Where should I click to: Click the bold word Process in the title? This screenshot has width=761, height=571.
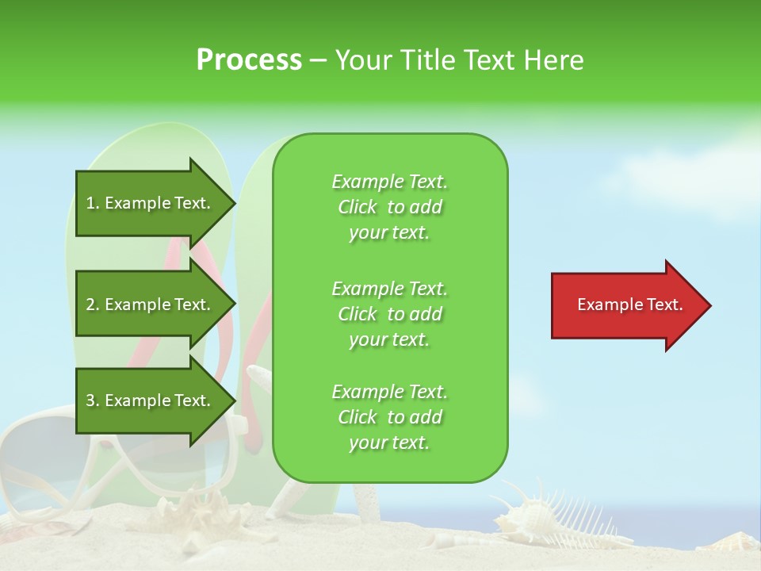coord(249,60)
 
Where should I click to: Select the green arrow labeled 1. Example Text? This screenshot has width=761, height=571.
coord(151,203)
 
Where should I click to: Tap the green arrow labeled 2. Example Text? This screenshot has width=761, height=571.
coord(151,305)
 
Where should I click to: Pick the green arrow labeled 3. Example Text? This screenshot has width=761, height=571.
coord(151,400)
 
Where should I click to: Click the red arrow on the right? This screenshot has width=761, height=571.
coord(626,305)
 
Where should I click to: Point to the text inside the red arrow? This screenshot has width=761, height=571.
coord(629,305)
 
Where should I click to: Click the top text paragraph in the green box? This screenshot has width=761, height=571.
coord(389,207)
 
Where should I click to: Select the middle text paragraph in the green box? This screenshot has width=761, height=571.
coord(389,314)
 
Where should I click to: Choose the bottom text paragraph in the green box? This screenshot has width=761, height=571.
coord(389,417)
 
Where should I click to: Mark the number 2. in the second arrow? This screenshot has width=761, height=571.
coord(92,305)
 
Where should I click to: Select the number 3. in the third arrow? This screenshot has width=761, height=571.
coord(92,400)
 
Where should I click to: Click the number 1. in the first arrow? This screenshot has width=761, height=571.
coord(92,203)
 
